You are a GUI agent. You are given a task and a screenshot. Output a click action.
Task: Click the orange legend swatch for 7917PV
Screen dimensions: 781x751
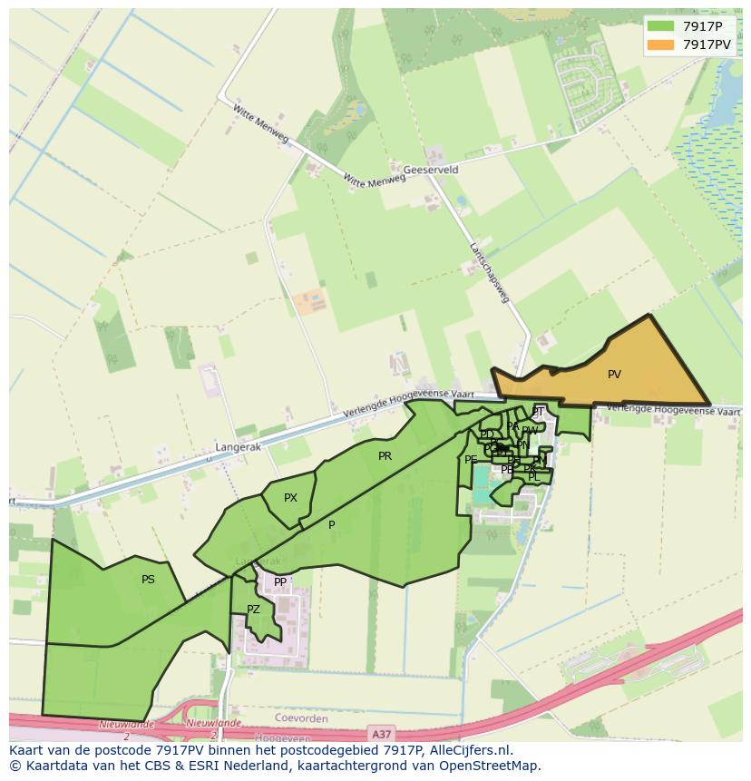(661, 44)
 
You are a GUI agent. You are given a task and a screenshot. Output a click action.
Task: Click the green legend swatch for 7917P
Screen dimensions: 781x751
(661, 26)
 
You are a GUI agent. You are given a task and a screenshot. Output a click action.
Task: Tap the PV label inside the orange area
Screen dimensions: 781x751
(614, 374)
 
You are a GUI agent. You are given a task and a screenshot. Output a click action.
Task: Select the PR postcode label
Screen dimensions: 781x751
(385, 456)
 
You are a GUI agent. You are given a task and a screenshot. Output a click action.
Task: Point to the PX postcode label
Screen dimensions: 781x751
(290, 498)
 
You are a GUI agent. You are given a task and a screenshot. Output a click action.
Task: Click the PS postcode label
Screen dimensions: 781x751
(148, 579)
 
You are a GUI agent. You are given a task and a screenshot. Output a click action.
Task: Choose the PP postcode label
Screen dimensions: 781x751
(280, 582)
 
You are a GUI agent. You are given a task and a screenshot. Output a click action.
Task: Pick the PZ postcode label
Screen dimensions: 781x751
(253, 610)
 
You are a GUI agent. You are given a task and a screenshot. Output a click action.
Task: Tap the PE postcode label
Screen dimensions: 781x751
(471, 460)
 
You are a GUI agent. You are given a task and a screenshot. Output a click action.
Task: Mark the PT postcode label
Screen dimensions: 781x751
(538, 412)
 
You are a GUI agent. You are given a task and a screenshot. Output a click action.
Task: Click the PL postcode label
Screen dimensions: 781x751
(533, 477)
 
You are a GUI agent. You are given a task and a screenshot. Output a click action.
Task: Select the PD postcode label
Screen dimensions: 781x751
(487, 434)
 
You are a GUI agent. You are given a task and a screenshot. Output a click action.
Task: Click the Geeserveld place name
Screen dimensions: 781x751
(430, 170)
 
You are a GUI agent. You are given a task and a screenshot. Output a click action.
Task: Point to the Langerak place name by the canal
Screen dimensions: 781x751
(238, 447)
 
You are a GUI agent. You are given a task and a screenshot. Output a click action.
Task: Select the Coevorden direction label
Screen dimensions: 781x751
(299, 718)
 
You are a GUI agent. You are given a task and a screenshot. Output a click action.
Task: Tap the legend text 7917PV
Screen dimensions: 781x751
(707, 44)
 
